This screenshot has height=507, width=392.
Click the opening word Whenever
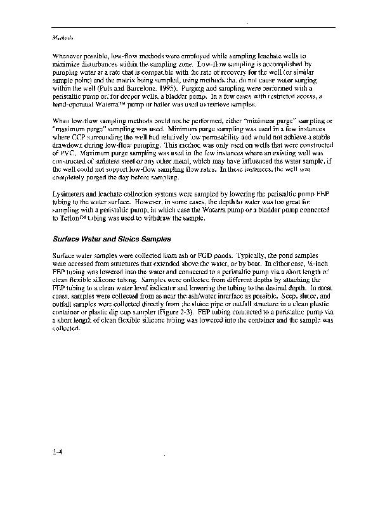coord(68,56)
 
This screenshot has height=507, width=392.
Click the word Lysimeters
coord(70,196)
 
